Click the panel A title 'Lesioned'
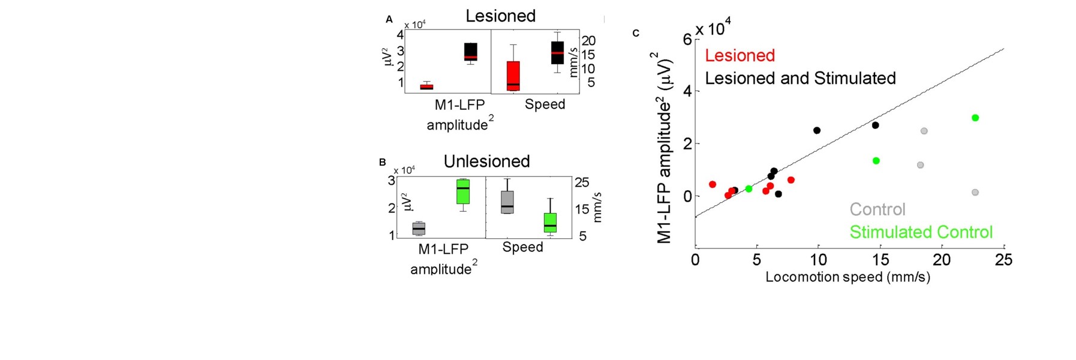tap(500, 16)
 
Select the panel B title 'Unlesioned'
tap(486, 161)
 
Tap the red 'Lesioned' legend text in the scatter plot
tap(740, 56)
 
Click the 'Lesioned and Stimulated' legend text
tap(800, 79)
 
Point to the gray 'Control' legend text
tap(877, 209)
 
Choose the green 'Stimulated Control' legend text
tap(921, 232)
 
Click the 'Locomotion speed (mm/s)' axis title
tap(847, 277)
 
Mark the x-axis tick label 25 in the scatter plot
tap(1003, 260)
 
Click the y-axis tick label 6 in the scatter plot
tap(687, 40)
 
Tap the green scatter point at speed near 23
tap(975, 118)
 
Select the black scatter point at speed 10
tap(817, 130)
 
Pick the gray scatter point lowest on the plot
tap(975, 193)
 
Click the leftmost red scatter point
tap(713, 184)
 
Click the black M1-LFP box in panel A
tap(471, 52)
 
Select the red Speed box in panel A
tap(513, 76)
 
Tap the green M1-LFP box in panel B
tap(462, 191)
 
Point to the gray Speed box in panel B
tap(507, 202)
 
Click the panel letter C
tap(636, 33)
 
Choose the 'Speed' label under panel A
tap(545, 104)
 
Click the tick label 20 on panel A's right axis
tap(588, 41)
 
